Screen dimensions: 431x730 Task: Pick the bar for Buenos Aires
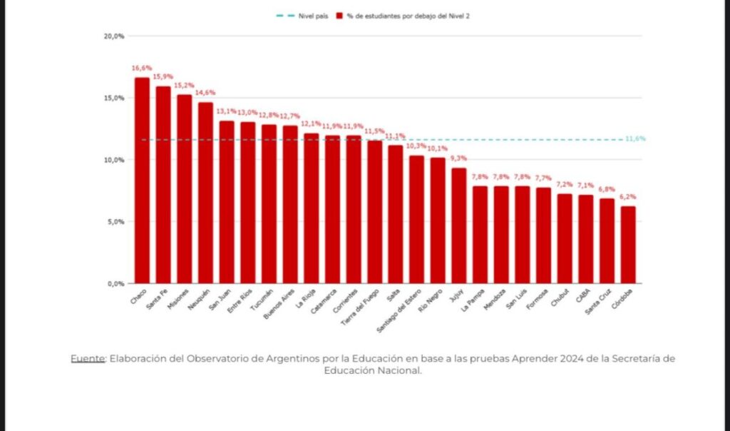(290, 205)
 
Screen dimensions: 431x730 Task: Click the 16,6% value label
(140, 69)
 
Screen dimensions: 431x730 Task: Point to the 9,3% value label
(459, 158)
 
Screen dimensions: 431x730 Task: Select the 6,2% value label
(628, 197)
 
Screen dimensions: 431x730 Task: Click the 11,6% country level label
(635, 138)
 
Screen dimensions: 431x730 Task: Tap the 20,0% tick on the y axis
(115, 36)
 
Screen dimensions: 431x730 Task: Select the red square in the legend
(341, 15)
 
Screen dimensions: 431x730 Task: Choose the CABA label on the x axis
(582, 296)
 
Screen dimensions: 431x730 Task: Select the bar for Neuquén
(205, 193)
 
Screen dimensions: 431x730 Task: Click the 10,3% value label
(416, 146)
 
